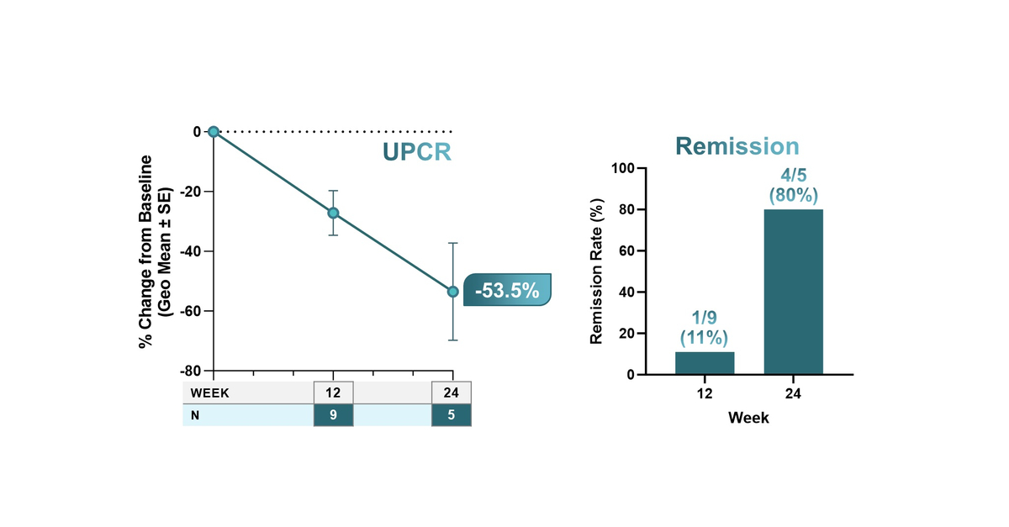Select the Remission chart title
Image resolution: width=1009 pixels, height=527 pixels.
(737, 147)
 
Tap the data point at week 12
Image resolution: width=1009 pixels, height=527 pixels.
(334, 213)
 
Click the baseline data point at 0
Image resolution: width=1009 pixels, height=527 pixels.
(214, 132)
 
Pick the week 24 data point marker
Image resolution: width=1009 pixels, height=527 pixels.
(453, 292)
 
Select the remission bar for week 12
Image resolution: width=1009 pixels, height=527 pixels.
(705, 363)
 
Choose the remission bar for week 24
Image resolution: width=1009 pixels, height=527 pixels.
(793, 292)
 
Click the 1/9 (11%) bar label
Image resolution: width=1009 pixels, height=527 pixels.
(705, 328)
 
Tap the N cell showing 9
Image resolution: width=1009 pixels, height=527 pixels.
(333, 415)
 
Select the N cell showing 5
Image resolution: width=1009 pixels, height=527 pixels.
(452, 415)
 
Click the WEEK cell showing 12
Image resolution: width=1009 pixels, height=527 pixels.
(333, 393)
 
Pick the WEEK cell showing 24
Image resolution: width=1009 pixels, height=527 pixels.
(452, 393)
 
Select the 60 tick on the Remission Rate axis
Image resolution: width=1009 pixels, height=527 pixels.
(627, 250)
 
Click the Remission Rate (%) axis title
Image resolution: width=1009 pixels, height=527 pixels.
(598, 271)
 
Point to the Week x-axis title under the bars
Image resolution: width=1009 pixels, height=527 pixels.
(748, 418)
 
